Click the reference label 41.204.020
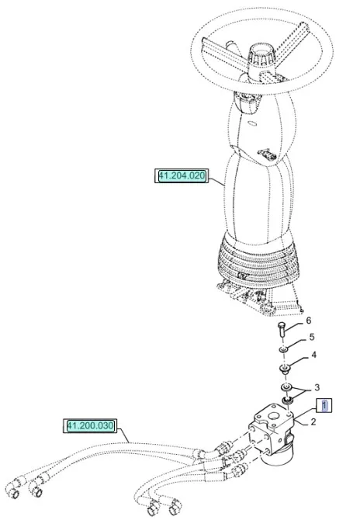tap(182, 175)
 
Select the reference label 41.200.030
tap(90, 425)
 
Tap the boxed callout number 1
tap(324, 405)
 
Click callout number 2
tap(313, 421)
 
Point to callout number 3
tap(317, 388)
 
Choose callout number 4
tap(313, 355)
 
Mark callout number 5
tap(312, 337)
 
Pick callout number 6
tap(309, 321)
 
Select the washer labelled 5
tap(284, 351)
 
